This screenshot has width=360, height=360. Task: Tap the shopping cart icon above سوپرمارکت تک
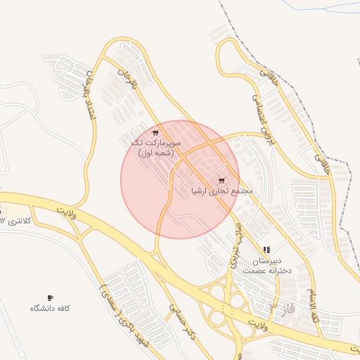click(x=155, y=132)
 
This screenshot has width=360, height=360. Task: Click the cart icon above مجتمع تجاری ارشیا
click(x=222, y=181)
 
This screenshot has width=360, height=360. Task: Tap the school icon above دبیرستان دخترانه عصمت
click(x=266, y=250)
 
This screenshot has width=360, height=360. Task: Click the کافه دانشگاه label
click(x=50, y=309)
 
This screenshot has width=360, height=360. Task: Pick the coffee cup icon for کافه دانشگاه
click(x=50, y=297)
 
